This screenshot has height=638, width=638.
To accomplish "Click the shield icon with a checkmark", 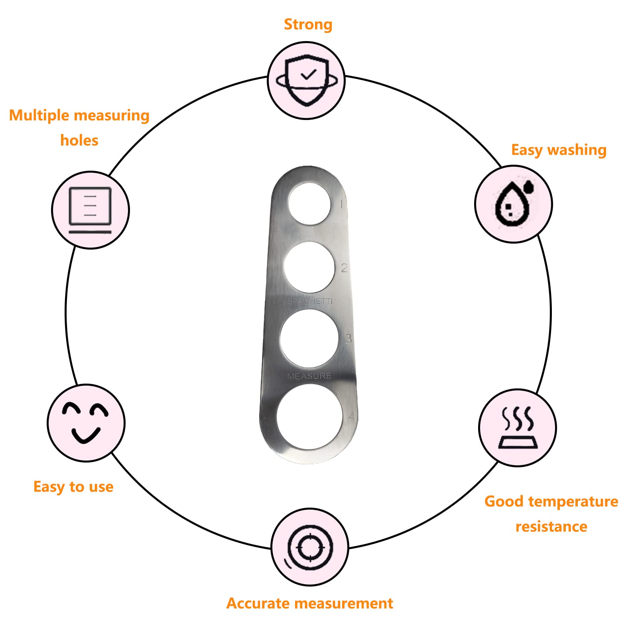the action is pyautogui.click(x=307, y=80).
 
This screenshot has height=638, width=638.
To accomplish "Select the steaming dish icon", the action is pyautogui.click(x=518, y=427).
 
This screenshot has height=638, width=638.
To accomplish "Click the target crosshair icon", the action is pyautogui.click(x=309, y=547).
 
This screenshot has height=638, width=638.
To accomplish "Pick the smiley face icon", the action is pyautogui.click(x=85, y=423).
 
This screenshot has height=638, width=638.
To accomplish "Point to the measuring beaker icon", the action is pyautogui.click(x=90, y=210).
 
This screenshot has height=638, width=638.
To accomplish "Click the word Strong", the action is pyautogui.click(x=308, y=24).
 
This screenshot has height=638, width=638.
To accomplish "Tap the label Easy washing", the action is pyautogui.click(x=559, y=150).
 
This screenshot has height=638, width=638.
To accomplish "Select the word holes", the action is pyautogui.click(x=79, y=140).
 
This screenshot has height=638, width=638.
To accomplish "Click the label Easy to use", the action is pyautogui.click(x=73, y=487).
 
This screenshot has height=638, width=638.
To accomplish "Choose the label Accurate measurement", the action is pyautogui.click(x=309, y=603).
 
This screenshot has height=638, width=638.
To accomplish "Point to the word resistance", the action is pyautogui.click(x=551, y=527).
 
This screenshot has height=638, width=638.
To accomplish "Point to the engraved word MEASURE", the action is pyautogui.click(x=309, y=376).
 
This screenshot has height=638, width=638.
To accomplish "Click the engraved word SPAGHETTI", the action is pyautogui.click(x=310, y=301).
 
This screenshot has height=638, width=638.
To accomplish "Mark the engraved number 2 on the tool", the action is pyautogui.click(x=344, y=268).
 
